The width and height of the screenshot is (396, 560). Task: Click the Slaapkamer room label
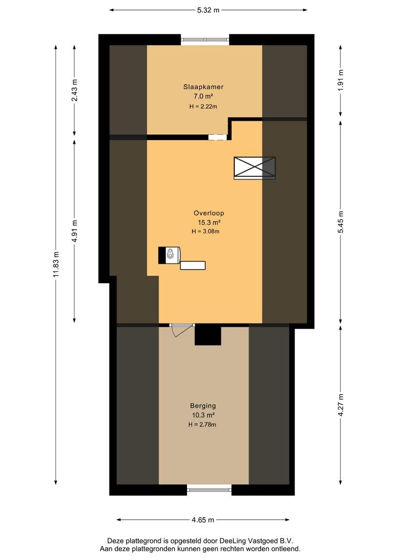(203, 87)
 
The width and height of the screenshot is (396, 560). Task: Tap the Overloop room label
(209, 213)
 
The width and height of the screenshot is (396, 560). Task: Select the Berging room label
(203, 405)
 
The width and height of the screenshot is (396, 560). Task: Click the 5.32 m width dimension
(208, 10)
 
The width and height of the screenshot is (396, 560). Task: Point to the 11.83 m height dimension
(56, 264)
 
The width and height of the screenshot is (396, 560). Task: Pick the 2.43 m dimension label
(75, 90)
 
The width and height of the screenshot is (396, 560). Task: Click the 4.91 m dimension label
(75, 231)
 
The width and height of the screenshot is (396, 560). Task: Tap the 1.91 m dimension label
(341, 80)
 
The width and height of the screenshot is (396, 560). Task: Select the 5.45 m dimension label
(341, 222)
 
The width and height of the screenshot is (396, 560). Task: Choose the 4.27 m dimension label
(341, 404)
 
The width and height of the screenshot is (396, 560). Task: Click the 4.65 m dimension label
(203, 520)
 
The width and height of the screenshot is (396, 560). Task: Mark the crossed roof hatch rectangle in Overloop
(254, 168)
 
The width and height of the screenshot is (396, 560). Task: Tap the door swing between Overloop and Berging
(181, 330)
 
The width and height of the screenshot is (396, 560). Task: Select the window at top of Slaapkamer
(205, 39)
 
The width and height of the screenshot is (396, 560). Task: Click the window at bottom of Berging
(209, 489)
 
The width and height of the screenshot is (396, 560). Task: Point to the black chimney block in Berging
(208, 336)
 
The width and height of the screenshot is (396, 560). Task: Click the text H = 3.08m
(205, 231)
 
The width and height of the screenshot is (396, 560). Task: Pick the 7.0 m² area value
(203, 96)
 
